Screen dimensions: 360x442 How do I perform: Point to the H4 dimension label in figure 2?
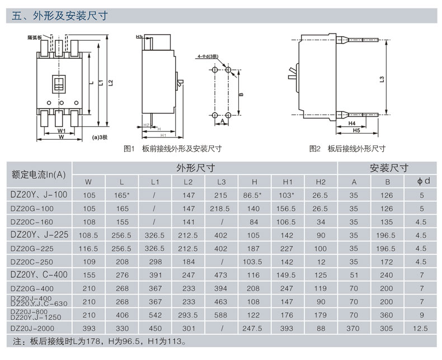pos(352,122)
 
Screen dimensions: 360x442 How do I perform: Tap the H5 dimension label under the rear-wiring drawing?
pos(356,130)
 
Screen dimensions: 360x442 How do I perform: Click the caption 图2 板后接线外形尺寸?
pos(347,149)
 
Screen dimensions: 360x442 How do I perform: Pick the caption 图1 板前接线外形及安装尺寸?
pos(172,149)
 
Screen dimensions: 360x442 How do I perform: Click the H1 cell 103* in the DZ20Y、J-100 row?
pos(288,195)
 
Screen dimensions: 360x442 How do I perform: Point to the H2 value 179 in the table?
pos(321,315)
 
